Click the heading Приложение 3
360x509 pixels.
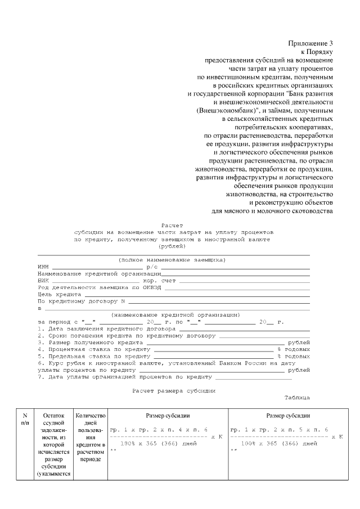[311, 43]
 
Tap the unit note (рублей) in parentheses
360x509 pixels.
[173, 246]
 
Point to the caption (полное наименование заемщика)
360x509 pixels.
[172, 260]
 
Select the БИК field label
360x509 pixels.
[43, 280]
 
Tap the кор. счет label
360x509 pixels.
[160, 280]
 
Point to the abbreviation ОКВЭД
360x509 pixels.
[153, 287]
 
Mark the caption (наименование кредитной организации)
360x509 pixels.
[175, 314]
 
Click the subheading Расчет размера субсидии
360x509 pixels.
[173, 390]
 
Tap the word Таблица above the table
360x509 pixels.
[296, 397]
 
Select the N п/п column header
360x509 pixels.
[25, 419]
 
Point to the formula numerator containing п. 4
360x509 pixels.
[159, 429]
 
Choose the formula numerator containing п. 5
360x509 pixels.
[279, 429]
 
